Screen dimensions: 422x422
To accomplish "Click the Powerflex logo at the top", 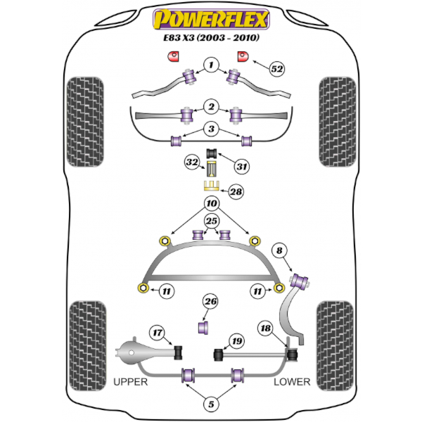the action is pos(211,20).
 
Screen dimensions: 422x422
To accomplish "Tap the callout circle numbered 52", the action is pos(277,69).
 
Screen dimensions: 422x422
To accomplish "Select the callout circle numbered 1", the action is pos(211,65).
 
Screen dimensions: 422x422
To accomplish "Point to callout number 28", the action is pos(236,191).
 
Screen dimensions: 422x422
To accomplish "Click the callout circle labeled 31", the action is pos(241,166).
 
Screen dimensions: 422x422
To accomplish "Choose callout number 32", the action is pos(192,162).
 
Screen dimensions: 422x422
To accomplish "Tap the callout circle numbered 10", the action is pos(212,203).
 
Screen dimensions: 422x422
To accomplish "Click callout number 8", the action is pos(279,250).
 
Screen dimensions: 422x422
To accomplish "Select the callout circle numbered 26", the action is pos(210,301).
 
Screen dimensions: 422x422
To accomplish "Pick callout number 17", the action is pos(158,333).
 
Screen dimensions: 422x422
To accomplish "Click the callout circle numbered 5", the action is pos(211,404).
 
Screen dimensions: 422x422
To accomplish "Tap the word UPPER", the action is pos(131,382).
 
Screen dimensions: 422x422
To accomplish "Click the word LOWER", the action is pos(292,382).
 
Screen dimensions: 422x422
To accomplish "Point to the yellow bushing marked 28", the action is pos(211,186).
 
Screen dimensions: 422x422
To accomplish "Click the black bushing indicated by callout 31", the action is pos(212,153).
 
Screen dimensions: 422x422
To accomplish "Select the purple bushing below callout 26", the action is pos(203,327).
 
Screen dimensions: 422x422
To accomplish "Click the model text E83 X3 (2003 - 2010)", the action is pos(211,38).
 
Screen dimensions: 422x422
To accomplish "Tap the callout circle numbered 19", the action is pos(237,341).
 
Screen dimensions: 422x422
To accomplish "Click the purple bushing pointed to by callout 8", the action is pos(300,281).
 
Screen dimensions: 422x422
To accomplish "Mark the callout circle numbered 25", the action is pos(212,221).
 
